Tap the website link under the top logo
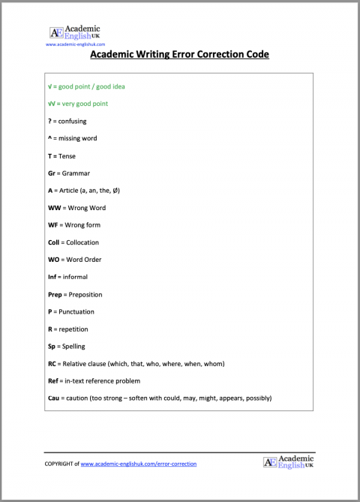click(x=75, y=44)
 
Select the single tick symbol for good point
click(x=49, y=86)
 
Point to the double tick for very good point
click(x=51, y=104)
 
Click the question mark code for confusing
click(x=49, y=121)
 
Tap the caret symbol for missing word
click(x=49, y=138)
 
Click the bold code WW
click(x=54, y=208)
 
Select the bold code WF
click(x=53, y=225)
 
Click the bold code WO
click(x=53, y=260)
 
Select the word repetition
click(x=73, y=329)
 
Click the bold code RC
click(x=52, y=363)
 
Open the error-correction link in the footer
click(x=138, y=464)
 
